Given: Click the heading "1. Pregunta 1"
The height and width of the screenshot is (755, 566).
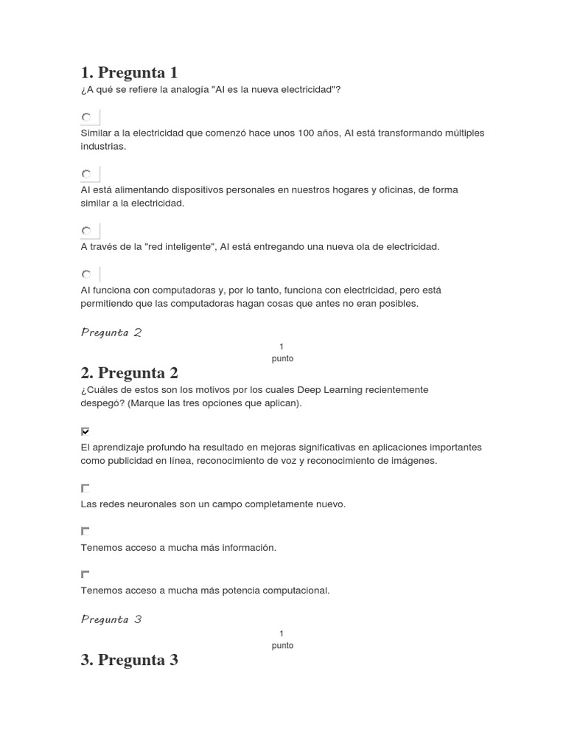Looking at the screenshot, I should click(129, 72).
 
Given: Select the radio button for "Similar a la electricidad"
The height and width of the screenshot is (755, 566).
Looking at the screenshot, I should click(86, 118).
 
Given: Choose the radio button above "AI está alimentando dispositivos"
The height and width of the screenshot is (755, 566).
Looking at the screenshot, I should click(86, 175).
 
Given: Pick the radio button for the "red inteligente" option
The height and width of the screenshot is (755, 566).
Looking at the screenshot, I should click(86, 232).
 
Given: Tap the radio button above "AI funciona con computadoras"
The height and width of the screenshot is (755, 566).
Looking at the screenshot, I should click(86, 274).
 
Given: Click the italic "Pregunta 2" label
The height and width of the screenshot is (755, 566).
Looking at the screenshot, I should click(111, 333).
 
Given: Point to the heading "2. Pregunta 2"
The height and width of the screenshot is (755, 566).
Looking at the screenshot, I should click(129, 373).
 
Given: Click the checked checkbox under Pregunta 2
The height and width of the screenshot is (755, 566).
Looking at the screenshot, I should click(85, 431).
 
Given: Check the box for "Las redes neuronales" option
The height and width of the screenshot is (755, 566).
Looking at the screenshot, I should click(85, 488).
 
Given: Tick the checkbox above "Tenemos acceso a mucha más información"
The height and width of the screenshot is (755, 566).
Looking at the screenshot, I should click(85, 531).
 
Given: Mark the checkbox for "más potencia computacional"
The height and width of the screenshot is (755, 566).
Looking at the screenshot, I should click(85, 574).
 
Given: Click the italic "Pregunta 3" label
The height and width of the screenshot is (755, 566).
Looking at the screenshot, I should click(111, 619).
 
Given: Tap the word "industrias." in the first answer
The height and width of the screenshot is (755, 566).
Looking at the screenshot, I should click(103, 147).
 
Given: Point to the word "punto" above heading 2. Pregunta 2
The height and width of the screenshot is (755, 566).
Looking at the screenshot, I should click(282, 358).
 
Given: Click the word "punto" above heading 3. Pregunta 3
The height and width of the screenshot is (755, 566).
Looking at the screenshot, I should click(282, 645).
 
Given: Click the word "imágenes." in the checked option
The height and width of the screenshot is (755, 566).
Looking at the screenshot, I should click(416, 461).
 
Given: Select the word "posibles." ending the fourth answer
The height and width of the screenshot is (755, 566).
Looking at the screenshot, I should click(399, 304).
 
